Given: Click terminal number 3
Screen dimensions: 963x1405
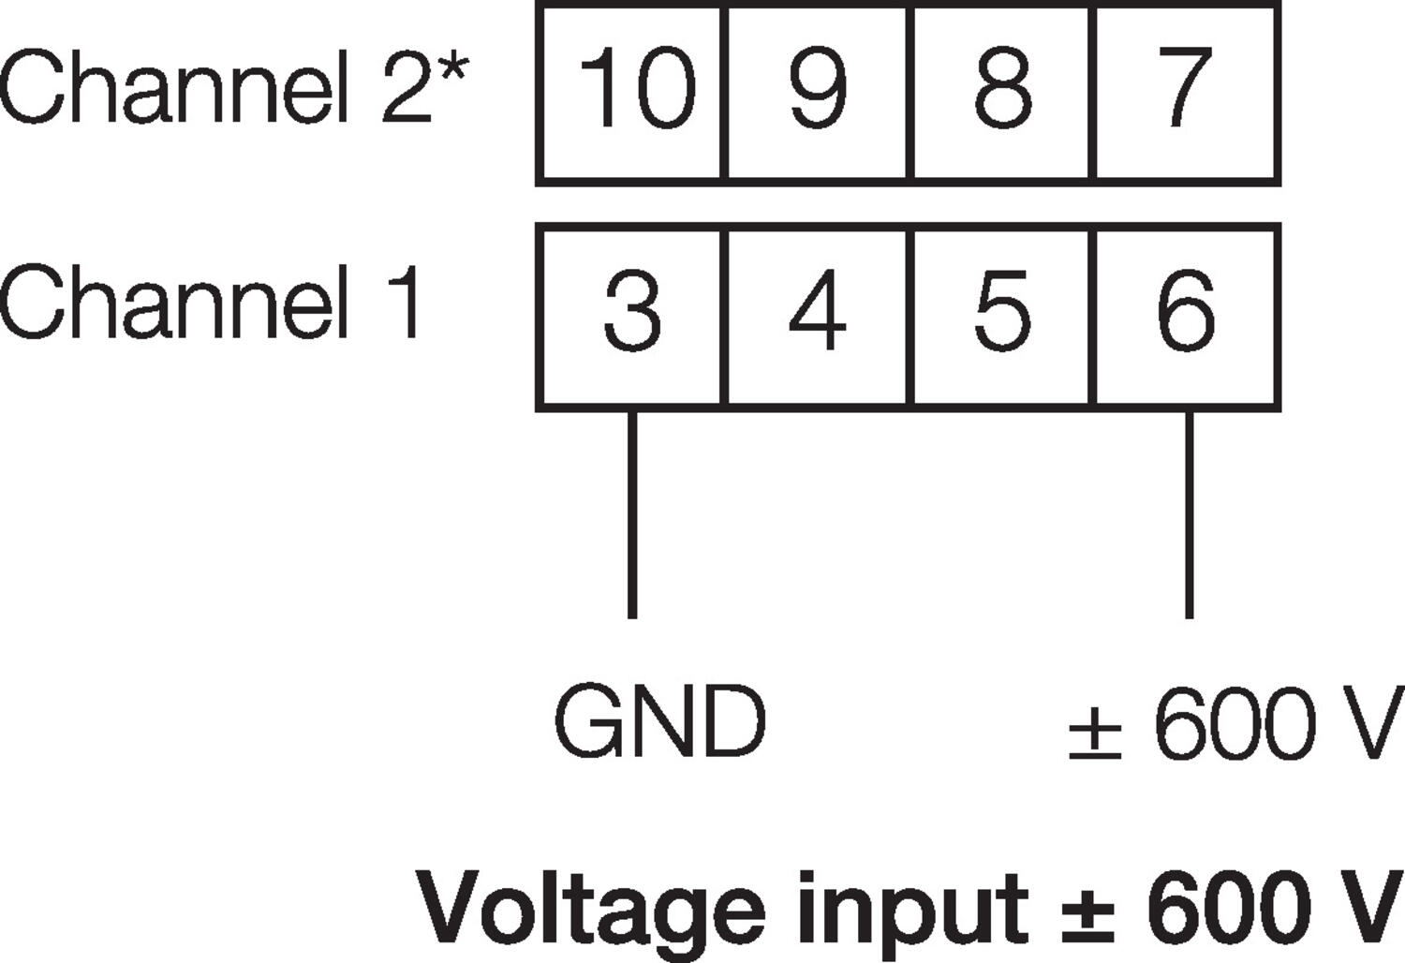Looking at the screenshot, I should (632, 311).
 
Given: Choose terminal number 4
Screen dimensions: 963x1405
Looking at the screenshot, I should (817, 311).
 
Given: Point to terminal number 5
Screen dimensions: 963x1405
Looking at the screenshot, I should (1002, 311).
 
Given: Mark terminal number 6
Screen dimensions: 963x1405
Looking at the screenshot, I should (1186, 311).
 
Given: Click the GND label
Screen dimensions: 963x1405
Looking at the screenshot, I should (660, 722).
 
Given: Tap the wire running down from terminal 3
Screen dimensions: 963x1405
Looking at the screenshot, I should (632, 515).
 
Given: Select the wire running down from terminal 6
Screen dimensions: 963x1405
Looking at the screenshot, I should (1189, 515).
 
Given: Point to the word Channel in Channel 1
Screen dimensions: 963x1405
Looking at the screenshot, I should (169, 302).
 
